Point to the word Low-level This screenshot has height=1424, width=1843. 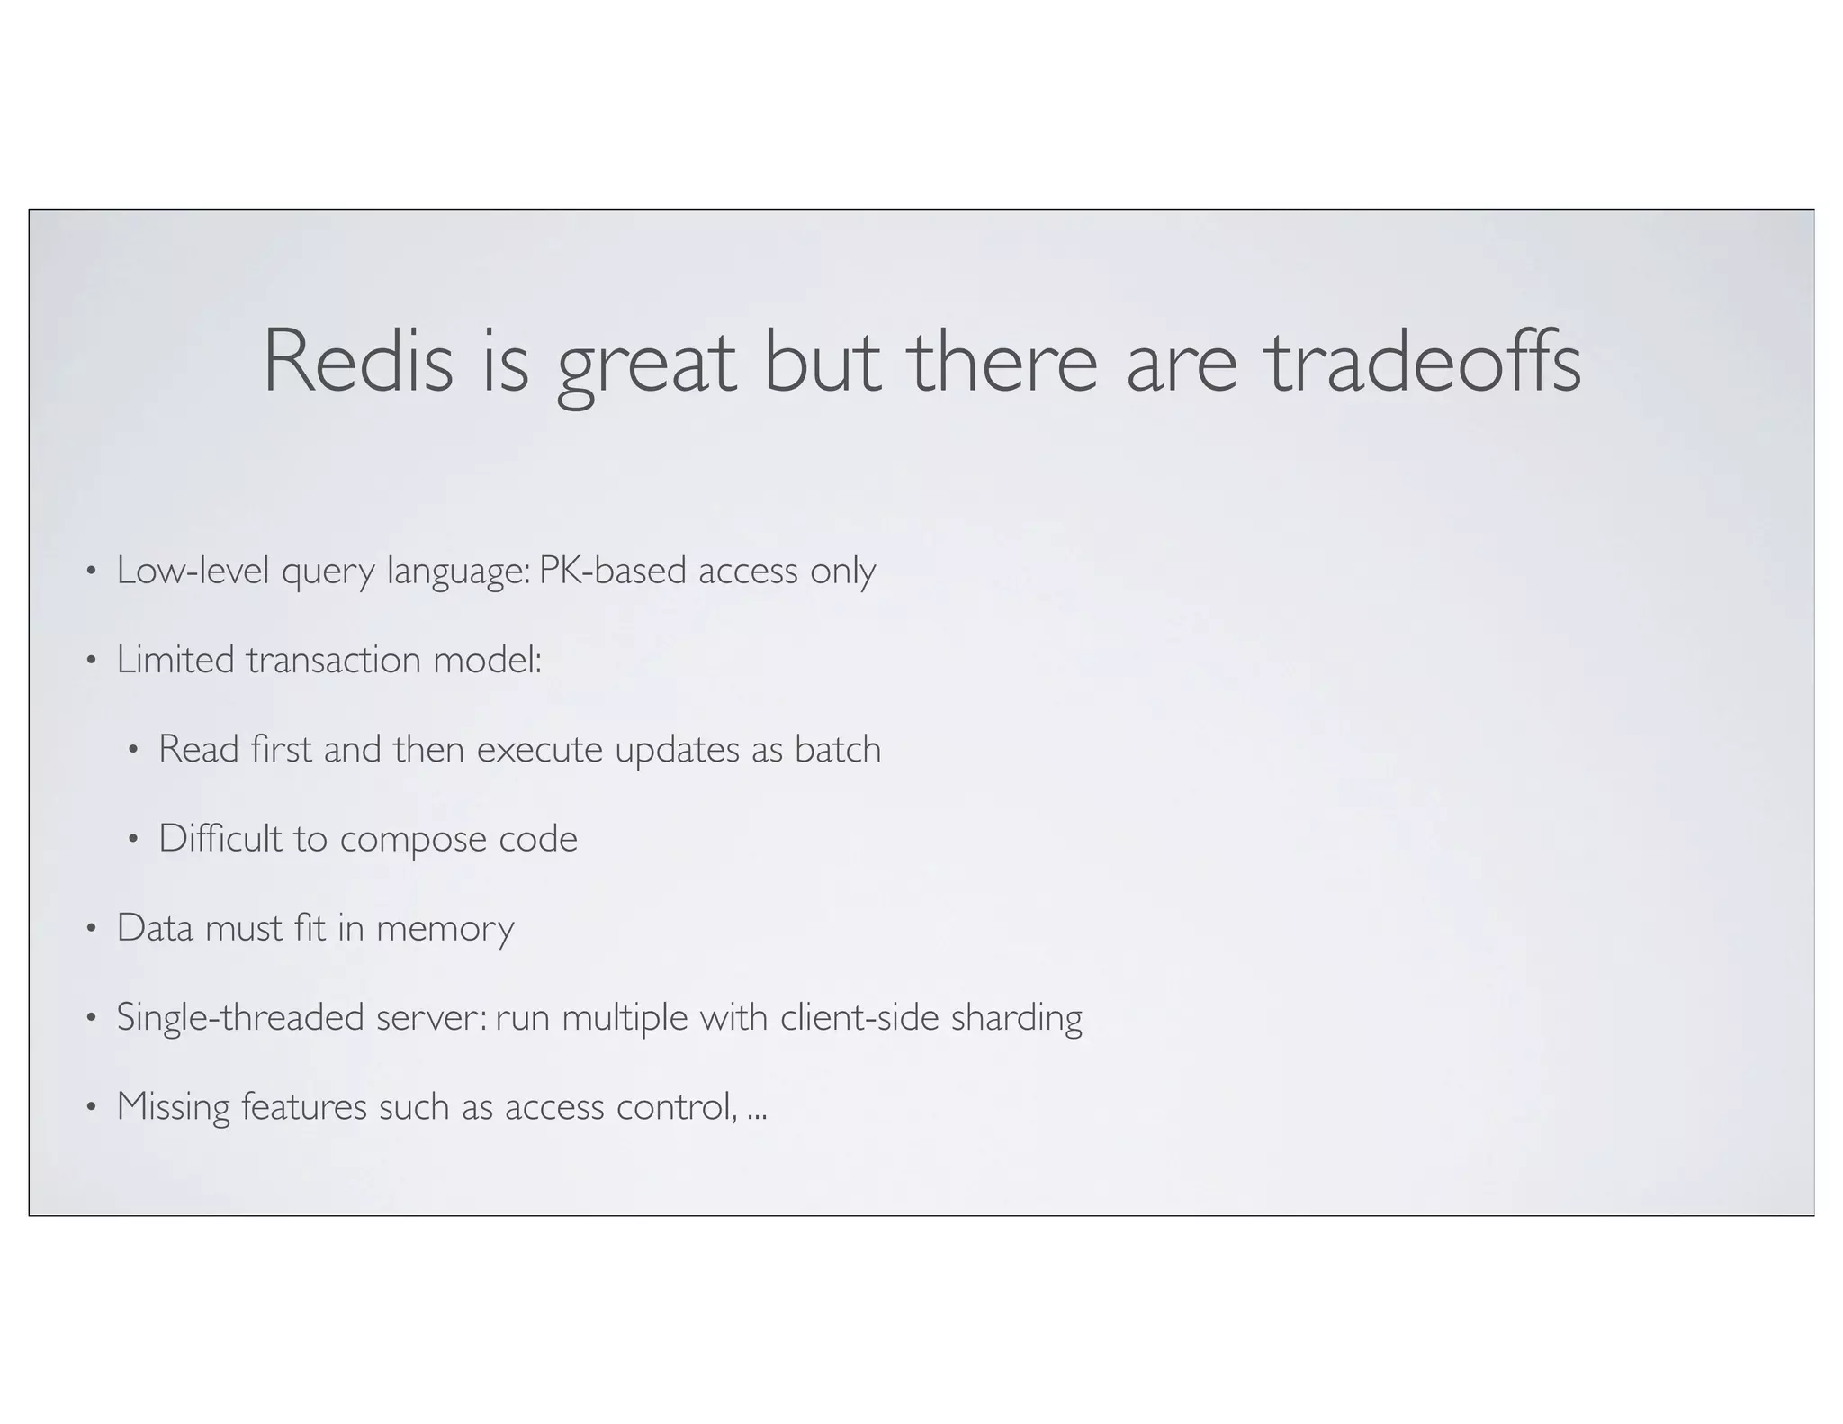pyautogui.click(x=193, y=571)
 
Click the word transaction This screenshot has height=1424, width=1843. pyautogui.click(x=334, y=660)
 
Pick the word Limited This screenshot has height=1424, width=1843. pyautogui.click(x=175, y=660)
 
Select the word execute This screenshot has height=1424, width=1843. pyautogui.click(x=539, y=750)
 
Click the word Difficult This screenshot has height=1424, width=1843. pyautogui.click(x=220, y=838)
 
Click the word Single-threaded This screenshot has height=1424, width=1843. pyautogui.click(x=240, y=1018)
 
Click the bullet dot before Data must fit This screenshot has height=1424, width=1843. pyautogui.click(x=90, y=928)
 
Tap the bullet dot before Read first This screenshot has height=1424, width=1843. pyautogui.click(x=132, y=750)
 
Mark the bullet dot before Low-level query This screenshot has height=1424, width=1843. pyautogui.click(x=90, y=572)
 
